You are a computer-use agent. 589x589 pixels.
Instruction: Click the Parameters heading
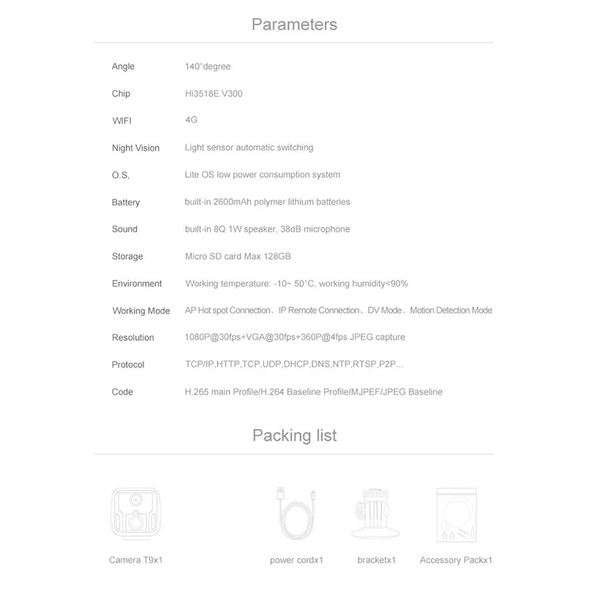coord(294,24)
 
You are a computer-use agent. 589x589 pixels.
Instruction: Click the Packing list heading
coord(294,434)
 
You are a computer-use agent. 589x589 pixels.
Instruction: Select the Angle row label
coord(123,66)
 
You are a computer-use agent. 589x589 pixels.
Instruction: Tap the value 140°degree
coord(208,66)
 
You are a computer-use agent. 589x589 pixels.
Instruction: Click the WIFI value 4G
coord(191,120)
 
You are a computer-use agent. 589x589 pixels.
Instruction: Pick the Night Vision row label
coord(135,148)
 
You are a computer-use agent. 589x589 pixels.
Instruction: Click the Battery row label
coord(125,202)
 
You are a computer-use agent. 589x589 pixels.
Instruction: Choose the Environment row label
coord(137,283)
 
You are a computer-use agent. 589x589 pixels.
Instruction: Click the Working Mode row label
coord(141,311)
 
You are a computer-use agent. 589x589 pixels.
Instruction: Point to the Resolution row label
coord(133,337)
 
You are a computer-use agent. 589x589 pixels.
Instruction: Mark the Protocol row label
coord(128,364)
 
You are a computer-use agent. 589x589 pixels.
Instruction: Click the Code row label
coord(122,392)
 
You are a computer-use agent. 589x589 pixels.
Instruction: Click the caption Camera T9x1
coord(135,560)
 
